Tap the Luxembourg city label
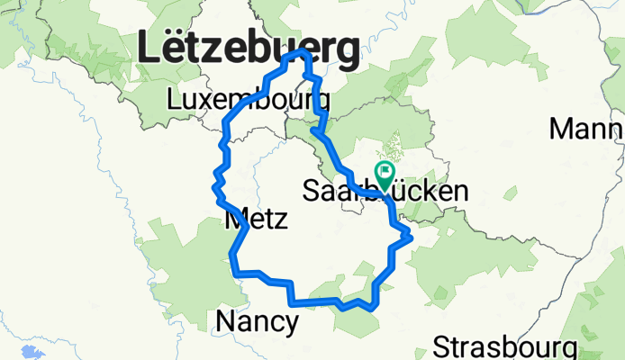[237, 100]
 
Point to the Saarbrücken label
[385, 191]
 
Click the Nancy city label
[258, 321]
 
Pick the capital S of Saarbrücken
[312, 191]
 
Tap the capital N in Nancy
[226, 321]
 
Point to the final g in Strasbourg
[568, 350]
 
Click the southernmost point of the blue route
[372, 309]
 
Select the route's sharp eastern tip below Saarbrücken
[412, 237]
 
